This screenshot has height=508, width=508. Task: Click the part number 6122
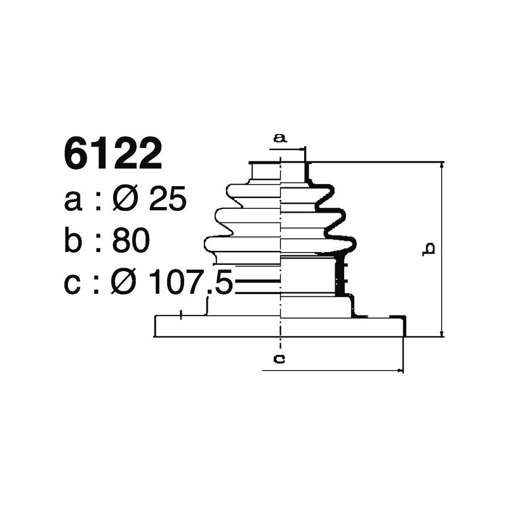[113, 155]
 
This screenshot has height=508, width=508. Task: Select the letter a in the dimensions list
[74, 201]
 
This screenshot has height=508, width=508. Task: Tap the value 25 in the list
[168, 201]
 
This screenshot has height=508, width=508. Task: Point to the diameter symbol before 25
[126, 201]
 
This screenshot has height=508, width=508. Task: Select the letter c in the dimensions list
[74, 284]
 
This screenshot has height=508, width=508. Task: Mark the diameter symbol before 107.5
[126, 284]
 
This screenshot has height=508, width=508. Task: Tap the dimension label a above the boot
[280, 137]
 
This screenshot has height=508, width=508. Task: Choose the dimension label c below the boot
[279, 359]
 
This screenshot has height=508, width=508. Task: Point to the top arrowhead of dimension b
[441, 165]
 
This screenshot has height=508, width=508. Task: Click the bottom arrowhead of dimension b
[441, 333]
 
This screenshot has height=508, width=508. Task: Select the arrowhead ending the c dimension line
[399, 370]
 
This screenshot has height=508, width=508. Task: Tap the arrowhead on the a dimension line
[302, 149]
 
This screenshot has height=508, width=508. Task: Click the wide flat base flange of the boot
[279, 326]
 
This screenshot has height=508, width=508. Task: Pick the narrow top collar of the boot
[279, 171]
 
